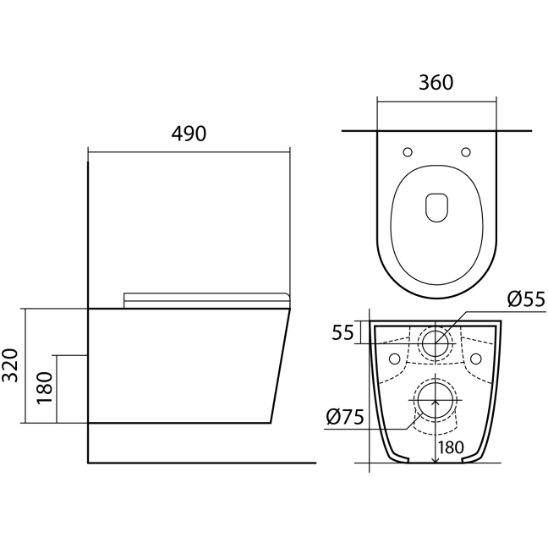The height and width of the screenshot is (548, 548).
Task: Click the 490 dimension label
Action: [x=189, y=134]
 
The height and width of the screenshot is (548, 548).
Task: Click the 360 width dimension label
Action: [x=436, y=83]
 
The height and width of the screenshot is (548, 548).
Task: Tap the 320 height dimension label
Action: [x=10, y=364]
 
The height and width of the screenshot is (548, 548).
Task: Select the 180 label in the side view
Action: [x=45, y=387]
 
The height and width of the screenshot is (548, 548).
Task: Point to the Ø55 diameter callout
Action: [x=526, y=299]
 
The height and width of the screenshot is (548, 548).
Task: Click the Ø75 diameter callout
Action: [x=345, y=417]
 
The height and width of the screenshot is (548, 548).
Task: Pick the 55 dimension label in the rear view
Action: [x=342, y=332]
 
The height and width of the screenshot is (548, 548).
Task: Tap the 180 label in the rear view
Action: [x=451, y=447]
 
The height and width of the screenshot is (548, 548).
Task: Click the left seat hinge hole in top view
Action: [x=408, y=152]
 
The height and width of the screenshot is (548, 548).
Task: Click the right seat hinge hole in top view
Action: [x=465, y=152]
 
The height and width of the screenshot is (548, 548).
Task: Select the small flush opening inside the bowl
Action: [x=437, y=207]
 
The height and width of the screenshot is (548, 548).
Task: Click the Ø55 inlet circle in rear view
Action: [x=436, y=343]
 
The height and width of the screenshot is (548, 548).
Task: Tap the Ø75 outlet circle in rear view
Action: [x=436, y=401]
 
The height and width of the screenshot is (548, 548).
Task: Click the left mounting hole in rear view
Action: [x=395, y=359]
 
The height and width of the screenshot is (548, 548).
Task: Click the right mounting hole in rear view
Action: [x=475, y=359]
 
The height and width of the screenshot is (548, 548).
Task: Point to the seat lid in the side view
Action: [x=207, y=300]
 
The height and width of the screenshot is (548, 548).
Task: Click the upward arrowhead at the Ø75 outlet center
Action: [x=436, y=403]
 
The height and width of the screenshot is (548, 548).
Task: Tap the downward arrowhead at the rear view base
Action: [x=436, y=459]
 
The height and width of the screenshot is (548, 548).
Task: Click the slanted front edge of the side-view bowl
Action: [x=280, y=366]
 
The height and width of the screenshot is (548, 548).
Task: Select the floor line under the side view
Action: [x=201, y=463]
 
